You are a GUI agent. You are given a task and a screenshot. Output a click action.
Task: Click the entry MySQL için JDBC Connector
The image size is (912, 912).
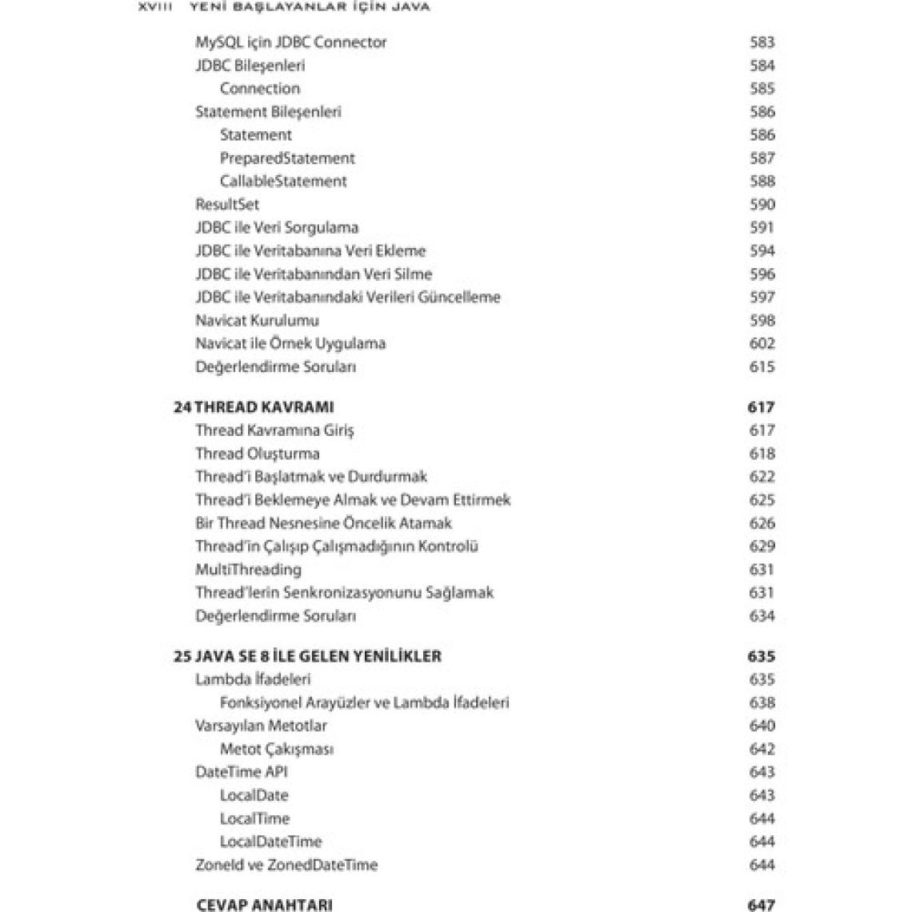291,42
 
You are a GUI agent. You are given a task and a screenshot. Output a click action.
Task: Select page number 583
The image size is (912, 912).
762,42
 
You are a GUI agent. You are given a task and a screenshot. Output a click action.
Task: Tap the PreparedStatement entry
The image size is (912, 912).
287,158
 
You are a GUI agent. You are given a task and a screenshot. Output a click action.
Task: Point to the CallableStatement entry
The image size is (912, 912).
283,182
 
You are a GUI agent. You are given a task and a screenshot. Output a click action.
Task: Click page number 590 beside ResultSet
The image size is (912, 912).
762,205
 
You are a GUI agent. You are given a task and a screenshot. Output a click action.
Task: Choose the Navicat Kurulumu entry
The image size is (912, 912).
257,321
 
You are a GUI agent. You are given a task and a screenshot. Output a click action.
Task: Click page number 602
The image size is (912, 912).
762,344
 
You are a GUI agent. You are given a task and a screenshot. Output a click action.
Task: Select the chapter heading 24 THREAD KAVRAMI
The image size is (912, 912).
254,407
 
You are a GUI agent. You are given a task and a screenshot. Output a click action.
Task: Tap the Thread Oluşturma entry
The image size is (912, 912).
257,454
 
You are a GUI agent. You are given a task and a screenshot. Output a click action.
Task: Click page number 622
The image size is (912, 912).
762,477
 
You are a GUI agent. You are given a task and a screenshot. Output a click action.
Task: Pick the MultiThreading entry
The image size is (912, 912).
248,570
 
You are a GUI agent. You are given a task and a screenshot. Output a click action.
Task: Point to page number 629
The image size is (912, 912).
762,546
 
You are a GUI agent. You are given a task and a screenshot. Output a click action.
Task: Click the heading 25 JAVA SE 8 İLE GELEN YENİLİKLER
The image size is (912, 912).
307,657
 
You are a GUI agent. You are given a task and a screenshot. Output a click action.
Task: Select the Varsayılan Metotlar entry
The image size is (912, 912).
261,726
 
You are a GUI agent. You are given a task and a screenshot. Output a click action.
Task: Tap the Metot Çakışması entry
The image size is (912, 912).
277,750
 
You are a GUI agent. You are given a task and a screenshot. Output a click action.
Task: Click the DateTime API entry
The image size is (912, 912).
241,773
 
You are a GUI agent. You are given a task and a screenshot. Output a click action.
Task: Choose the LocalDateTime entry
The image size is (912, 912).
270,842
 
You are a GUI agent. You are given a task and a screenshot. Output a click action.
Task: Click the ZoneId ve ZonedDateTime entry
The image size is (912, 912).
286,866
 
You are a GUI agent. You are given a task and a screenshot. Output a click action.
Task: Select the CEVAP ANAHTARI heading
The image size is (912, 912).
264,905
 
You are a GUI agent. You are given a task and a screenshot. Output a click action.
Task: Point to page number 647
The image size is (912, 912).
761,905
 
